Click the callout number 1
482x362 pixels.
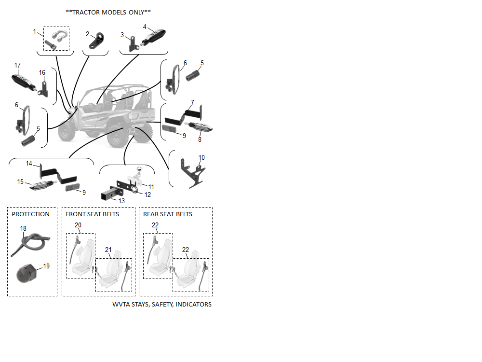coord(35,31)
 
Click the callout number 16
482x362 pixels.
coord(42,72)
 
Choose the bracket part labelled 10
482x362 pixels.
coord(192,173)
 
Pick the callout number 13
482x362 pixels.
coord(121,200)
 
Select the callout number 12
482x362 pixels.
coord(147,195)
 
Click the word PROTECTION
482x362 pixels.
coord(30,214)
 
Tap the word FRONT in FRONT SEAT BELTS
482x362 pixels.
coord(75,214)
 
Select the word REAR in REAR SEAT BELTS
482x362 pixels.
coord(151,214)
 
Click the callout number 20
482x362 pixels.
coord(78,225)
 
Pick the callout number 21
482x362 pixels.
coord(108,250)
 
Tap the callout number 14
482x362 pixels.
coord(29,164)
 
